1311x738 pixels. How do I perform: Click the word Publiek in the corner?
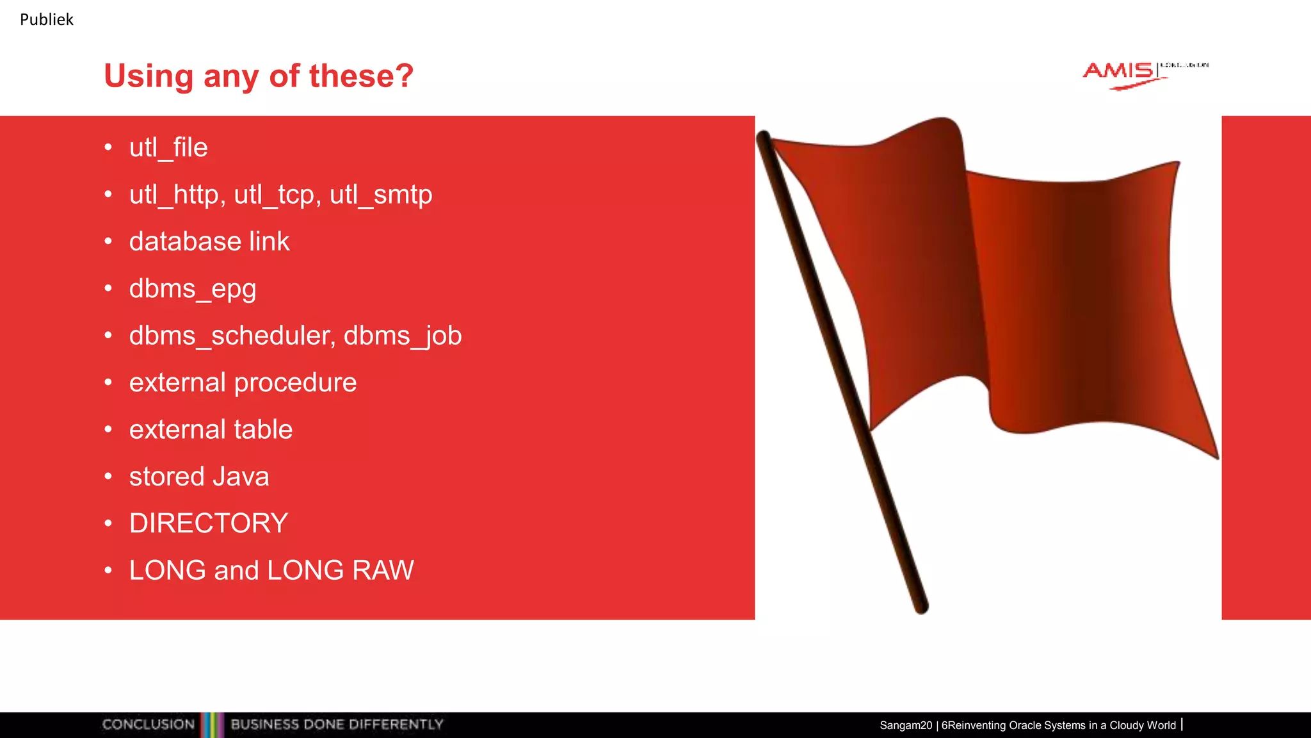[x=46, y=20]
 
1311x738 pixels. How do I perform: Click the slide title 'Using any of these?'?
[x=259, y=76]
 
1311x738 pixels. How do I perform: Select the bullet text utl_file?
[x=168, y=148]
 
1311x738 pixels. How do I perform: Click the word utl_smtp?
[x=381, y=195]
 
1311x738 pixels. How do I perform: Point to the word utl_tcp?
[x=275, y=195]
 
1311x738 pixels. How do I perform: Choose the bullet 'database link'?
[x=209, y=242]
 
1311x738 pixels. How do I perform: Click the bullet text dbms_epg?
[x=193, y=289]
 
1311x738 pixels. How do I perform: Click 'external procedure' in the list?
[x=243, y=382]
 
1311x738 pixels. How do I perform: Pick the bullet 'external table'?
[x=211, y=429]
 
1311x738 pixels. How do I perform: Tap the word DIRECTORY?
[x=209, y=523]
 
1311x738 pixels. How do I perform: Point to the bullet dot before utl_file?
[x=108, y=148]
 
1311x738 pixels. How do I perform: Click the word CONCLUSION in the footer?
[x=149, y=725]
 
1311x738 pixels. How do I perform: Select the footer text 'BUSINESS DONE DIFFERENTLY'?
[x=337, y=725]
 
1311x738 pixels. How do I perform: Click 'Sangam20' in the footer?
[x=905, y=725]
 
